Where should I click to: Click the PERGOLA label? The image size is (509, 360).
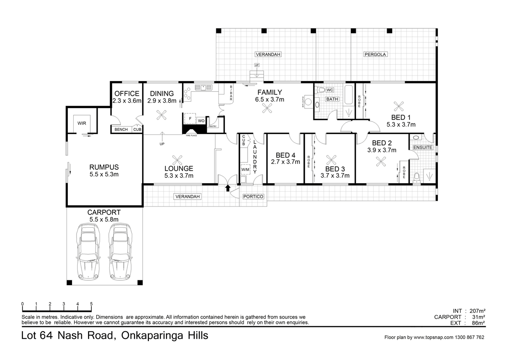pos(375,54)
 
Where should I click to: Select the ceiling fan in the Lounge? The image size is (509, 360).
pos(179,160)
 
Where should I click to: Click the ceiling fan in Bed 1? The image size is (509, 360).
pos(398,106)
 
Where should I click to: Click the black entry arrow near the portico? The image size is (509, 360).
pos(227,188)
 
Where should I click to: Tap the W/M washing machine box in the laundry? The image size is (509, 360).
pos(245,170)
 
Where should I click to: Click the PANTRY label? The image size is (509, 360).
pos(213,126)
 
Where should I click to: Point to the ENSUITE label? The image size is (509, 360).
pos(422,147)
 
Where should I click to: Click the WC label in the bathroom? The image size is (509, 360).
pos(330,90)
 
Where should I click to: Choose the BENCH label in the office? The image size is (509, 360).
pos(121,130)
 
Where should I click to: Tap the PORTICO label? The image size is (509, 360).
pos(252,197)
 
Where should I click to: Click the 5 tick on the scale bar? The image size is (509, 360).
pos(91,304)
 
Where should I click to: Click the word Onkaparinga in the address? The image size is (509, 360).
pos(151,336)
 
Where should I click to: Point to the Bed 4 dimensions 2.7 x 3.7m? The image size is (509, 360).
pos(285,162)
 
